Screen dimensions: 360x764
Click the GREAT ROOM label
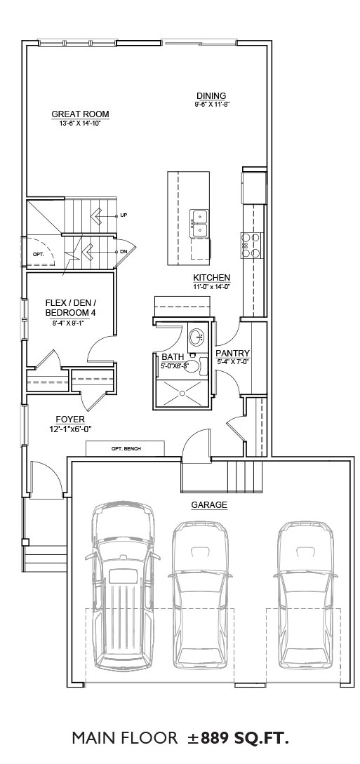tap(81, 114)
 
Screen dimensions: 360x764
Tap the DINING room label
tap(211, 95)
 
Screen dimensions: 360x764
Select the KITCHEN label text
tap(211, 278)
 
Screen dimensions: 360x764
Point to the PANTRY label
tap(232, 354)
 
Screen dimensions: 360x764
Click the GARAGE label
tap(209, 505)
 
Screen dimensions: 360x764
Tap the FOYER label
tap(70, 420)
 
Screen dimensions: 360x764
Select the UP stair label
tap(124, 215)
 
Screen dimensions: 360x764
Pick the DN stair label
tap(124, 251)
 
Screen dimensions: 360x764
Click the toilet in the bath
tap(200, 366)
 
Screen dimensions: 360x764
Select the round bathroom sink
tap(198, 336)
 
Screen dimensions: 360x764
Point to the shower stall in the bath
tap(184, 392)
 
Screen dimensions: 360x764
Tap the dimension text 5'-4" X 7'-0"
tap(232, 361)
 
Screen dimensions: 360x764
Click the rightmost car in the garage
tap(305, 597)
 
